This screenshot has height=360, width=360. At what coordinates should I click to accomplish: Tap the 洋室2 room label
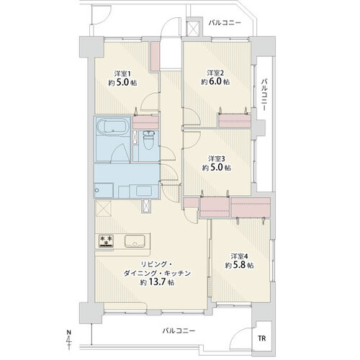click(x=215, y=72)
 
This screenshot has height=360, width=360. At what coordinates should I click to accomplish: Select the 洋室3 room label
click(x=216, y=158)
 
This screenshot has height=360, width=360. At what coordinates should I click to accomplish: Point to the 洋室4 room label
click(x=239, y=256)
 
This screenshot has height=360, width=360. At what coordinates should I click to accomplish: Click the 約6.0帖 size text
click(x=215, y=82)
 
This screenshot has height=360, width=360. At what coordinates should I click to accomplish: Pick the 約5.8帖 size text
click(x=239, y=266)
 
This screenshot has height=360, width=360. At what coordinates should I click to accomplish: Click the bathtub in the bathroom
click(x=110, y=130)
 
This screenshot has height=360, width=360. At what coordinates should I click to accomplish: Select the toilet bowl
click(x=147, y=141)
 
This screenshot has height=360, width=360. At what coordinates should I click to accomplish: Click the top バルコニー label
click(x=226, y=23)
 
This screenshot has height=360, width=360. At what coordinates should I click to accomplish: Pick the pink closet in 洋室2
click(x=234, y=120)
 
